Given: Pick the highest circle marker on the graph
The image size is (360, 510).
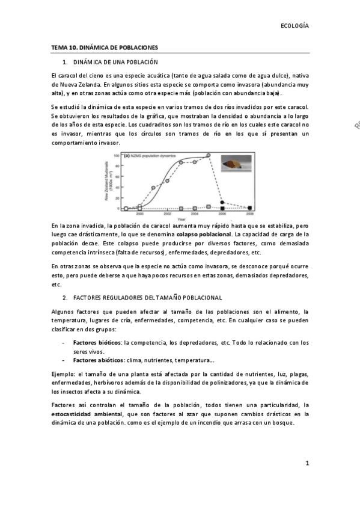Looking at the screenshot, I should (x=209, y=155).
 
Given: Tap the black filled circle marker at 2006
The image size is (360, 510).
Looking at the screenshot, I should (x=222, y=202).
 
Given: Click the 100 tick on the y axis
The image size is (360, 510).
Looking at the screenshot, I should (x=117, y=155).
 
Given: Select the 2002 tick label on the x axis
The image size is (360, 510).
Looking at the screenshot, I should (x=167, y=213).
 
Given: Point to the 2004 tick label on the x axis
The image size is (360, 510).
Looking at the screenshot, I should (x=195, y=213).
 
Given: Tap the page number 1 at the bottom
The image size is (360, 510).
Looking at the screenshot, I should (x=307, y=463).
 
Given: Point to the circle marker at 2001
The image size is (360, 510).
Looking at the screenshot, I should (x=153, y=188).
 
